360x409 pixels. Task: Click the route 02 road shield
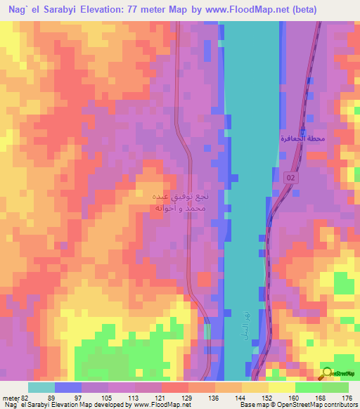290,180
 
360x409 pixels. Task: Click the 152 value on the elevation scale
269,397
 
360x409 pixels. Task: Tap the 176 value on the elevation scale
347,397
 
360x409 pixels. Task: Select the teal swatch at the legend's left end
41,387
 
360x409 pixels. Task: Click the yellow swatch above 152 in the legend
255,387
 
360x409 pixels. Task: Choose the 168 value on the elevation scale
321,397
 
